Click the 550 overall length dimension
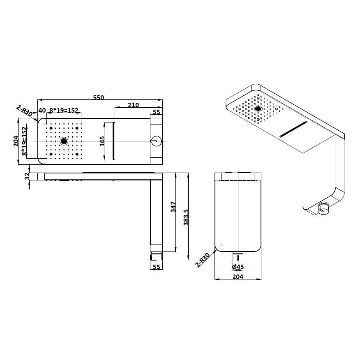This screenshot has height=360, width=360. (99, 97)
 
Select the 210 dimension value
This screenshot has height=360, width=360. (134, 105)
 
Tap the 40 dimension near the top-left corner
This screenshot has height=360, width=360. (42, 111)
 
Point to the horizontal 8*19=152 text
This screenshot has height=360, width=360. (64, 111)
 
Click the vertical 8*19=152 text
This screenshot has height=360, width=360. (25, 141)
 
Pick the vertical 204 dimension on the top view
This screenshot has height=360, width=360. (16, 141)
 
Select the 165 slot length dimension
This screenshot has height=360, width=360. (102, 141)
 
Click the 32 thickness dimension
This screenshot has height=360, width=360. (27, 176)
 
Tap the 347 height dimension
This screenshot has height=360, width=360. (173, 207)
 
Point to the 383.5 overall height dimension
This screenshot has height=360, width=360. (186, 217)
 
